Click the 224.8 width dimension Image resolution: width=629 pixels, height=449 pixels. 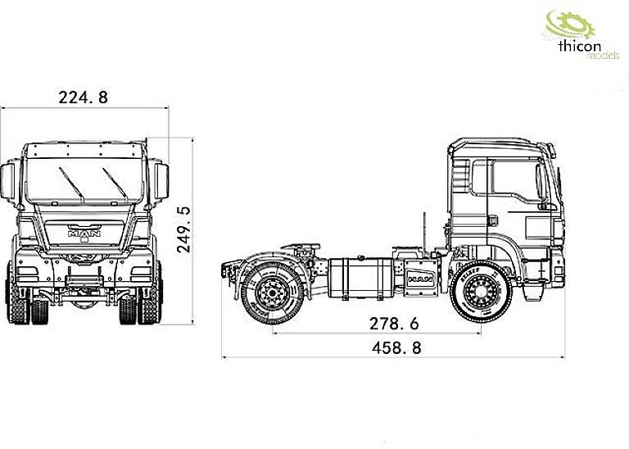pyautogui.click(x=83, y=98)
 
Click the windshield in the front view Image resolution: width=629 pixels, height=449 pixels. pyautogui.click(x=84, y=180)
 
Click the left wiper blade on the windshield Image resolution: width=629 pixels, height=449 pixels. pyautogui.click(x=70, y=184)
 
